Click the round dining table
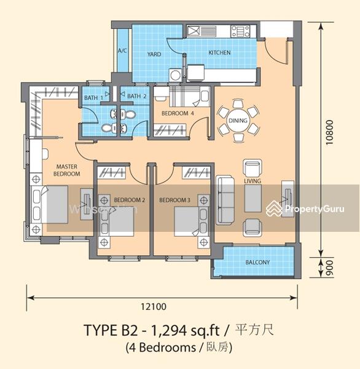click(x=238, y=121)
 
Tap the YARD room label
click(x=154, y=54)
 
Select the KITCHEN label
click(x=219, y=52)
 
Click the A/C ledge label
click(x=122, y=50)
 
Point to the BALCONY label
click(x=257, y=262)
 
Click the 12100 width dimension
click(x=154, y=306)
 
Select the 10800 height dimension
click(x=329, y=132)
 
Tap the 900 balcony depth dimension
click(x=330, y=268)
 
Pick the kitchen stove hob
click(x=240, y=31)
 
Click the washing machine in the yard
click(x=176, y=75)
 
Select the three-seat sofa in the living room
click(x=225, y=200)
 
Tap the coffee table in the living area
click(x=252, y=199)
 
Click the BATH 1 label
click(x=93, y=97)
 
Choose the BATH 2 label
click(x=136, y=96)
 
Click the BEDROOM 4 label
click(x=178, y=113)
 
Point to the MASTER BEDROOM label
click(x=66, y=170)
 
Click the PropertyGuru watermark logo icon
click(x=274, y=208)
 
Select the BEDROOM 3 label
click(x=174, y=200)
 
